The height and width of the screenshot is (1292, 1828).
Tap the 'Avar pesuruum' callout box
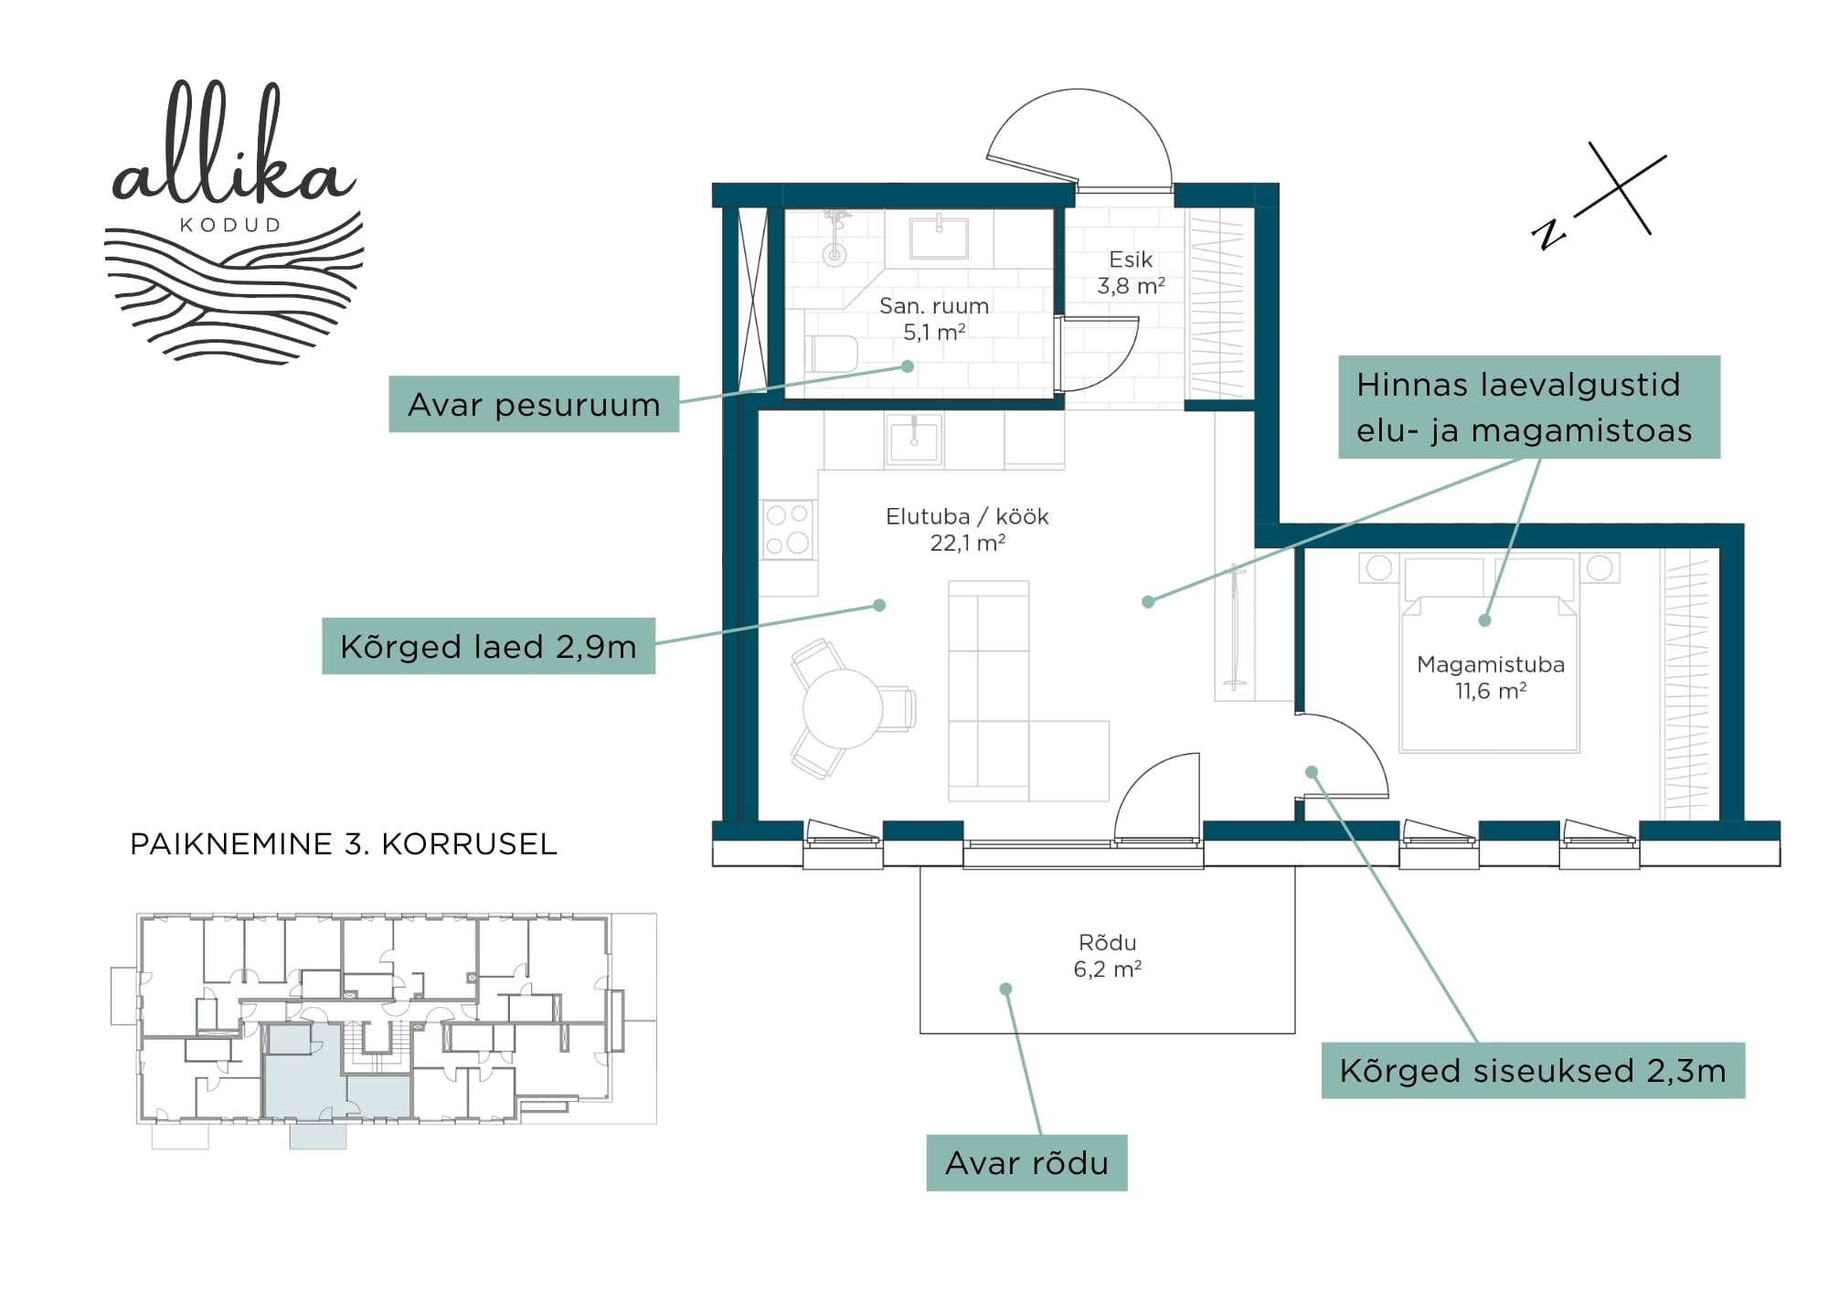[534, 404]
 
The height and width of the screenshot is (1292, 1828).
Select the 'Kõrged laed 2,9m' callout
[488, 646]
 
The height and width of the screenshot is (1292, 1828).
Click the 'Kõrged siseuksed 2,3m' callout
[1533, 1070]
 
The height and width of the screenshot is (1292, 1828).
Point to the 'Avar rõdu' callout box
[1026, 1162]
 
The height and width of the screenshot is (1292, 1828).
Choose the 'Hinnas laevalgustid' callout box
[1529, 407]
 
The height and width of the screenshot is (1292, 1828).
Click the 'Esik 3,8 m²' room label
[1131, 272]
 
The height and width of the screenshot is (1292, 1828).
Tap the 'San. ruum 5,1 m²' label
[934, 319]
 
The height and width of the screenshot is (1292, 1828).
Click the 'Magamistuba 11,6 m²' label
[1491, 677]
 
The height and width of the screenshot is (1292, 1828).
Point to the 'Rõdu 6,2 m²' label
[1108, 955]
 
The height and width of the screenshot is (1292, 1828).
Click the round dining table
[842, 709]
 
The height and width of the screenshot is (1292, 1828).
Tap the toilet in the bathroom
[830, 354]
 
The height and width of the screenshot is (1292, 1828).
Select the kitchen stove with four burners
[788, 529]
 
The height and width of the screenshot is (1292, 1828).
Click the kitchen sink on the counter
[914, 440]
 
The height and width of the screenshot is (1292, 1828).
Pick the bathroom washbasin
[938, 236]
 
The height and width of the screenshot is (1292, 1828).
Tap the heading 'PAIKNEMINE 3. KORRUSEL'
[344, 843]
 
